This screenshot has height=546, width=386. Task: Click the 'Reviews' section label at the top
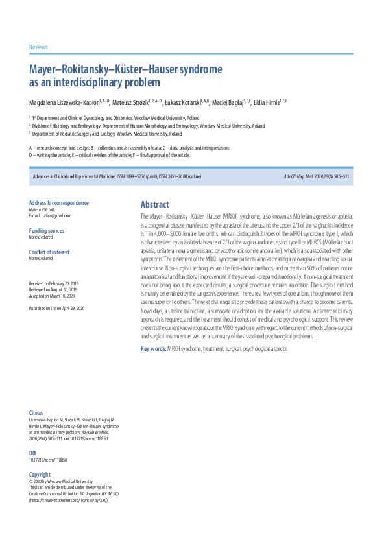[38, 47]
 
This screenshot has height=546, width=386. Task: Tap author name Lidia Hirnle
[266, 102]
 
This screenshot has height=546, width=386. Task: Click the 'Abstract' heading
[155, 204]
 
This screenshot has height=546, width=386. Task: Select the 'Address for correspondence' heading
[59, 203]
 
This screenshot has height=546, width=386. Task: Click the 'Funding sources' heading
[47, 231]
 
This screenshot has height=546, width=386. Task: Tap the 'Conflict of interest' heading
[49, 252]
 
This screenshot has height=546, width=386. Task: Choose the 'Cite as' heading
[36, 412]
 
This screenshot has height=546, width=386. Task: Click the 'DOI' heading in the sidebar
[33, 453]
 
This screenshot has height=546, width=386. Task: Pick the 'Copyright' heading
[40, 475]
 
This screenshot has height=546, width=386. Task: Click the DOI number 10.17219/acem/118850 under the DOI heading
[48, 460]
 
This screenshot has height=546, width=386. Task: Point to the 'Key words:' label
[153, 350]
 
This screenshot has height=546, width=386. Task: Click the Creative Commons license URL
[68, 501]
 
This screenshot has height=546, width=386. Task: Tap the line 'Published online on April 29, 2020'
[57, 308]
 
